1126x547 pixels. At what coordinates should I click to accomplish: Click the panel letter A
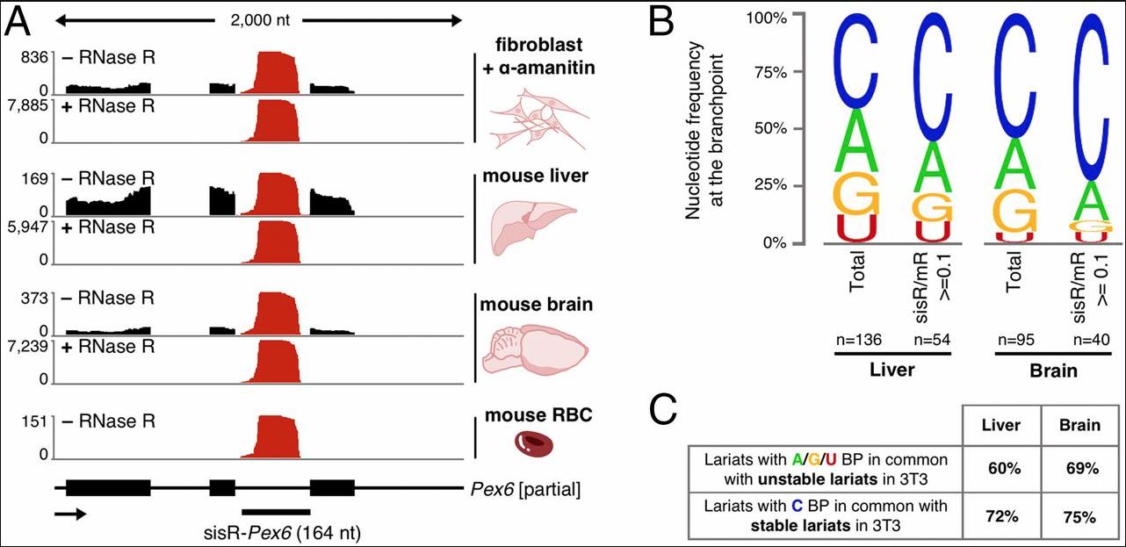point(21,24)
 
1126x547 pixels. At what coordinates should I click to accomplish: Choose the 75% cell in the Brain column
point(1079,515)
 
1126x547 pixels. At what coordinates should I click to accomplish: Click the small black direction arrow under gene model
point(70,514)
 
